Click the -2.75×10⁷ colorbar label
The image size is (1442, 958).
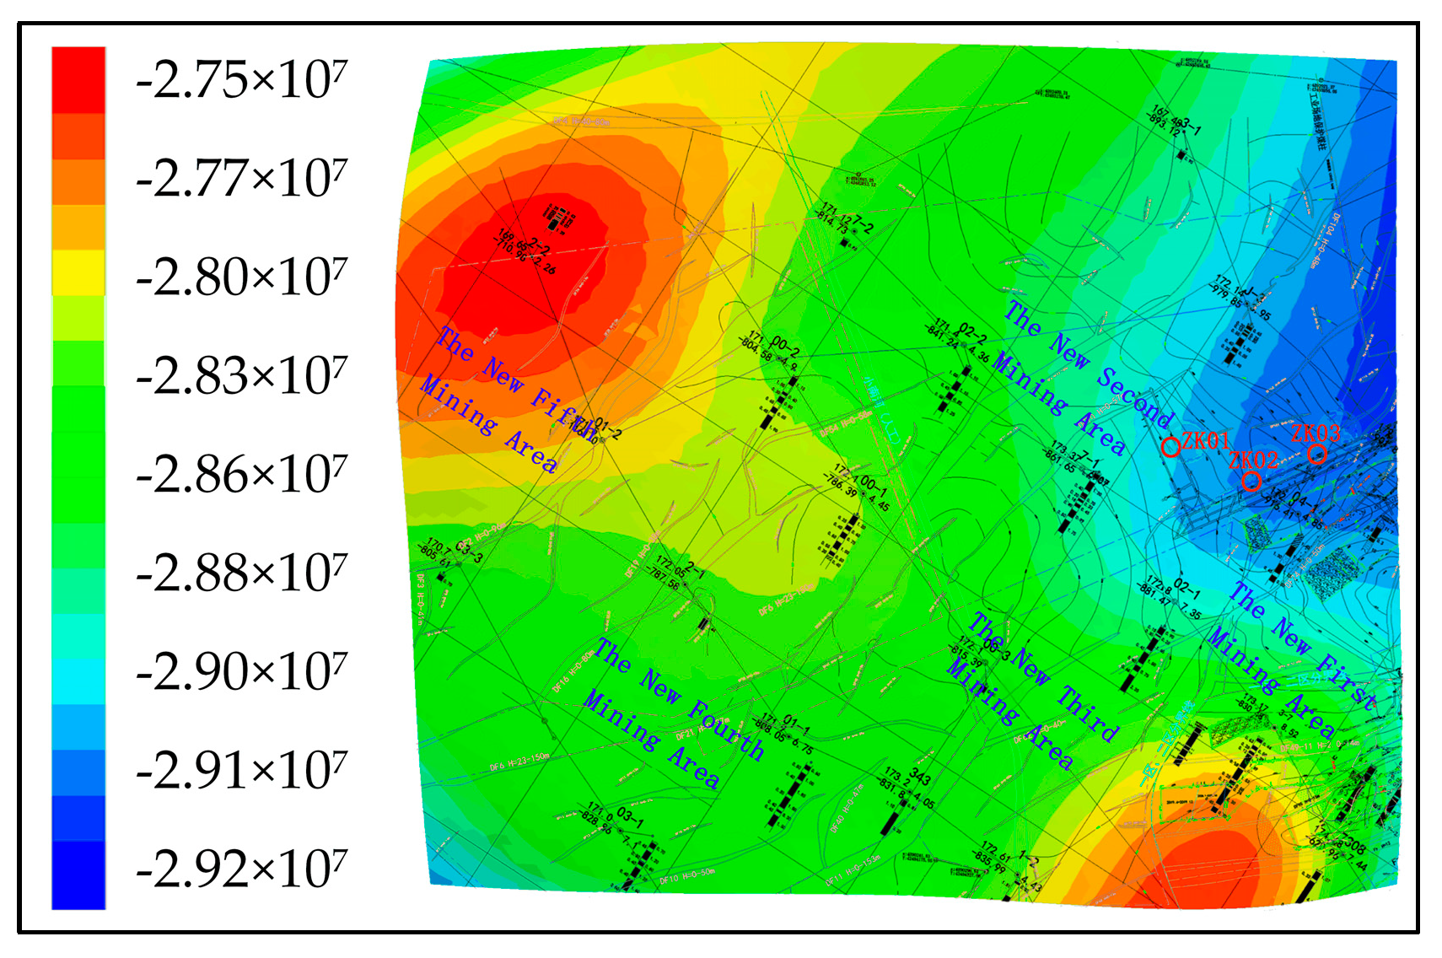(x=241, y=81)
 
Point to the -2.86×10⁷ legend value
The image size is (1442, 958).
(x=241, y=475)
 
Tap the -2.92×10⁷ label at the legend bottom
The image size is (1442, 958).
(x=241, y=869)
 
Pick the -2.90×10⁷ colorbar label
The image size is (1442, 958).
(x=241, y=672)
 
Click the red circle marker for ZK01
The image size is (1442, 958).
(x=1170, y=447)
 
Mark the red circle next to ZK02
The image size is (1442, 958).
(x=1251, y=481)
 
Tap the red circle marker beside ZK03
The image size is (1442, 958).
(x=1317, y=455)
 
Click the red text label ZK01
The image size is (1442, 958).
(x=1205, y=440)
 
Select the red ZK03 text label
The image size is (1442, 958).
(x=1316, y=433)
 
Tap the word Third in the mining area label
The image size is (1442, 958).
(x=1089, y=713)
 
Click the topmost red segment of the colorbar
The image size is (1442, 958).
(x=78, y=79)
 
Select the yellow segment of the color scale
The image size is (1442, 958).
(x=78, y=272)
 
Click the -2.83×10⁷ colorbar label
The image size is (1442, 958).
(x=241, y=376)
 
